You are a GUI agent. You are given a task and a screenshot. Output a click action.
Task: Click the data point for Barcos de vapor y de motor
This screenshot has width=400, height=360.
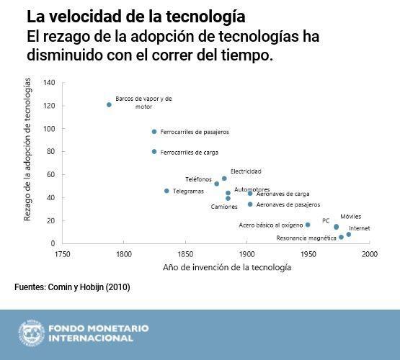(x=109, y=104)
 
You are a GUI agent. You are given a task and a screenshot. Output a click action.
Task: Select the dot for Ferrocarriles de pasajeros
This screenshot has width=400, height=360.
(x=154, y=132)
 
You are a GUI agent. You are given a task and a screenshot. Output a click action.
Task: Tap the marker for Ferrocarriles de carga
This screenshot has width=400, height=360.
(x=154, y=152)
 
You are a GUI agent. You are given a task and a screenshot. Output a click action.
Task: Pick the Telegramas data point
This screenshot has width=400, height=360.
(x=166, y=191)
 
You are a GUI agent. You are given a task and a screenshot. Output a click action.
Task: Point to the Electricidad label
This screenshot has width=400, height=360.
(x=246, y=171)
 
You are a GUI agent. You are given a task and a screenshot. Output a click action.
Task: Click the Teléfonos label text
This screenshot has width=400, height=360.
(x=198, y=179)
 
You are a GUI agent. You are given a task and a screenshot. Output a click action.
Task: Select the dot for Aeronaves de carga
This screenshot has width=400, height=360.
(x=250, y=194)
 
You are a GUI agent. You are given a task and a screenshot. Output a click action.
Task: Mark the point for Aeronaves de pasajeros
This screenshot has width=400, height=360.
(x=250, y=204)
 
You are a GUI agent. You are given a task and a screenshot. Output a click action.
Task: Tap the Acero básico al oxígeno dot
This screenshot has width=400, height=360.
(x=308, y=225)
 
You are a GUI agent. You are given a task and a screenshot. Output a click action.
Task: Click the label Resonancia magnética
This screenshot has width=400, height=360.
(x=306, y=238)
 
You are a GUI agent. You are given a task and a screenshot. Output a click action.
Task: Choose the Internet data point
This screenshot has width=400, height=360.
(x=349, y=234)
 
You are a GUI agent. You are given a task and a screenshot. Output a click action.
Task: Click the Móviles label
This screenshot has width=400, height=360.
(x=351, y=216)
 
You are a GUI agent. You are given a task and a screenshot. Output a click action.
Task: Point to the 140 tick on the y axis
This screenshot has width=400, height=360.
(x=49, y=82)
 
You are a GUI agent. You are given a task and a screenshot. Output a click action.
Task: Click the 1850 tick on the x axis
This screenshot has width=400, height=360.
(x=185, y=254)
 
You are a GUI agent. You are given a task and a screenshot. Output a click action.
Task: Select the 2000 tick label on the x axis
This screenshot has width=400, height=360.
(x=370, y=254)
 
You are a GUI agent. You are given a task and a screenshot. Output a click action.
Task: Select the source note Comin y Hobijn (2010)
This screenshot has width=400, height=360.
(x=72, y=287)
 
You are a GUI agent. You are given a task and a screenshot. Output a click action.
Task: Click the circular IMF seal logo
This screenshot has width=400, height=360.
(x=31, y=333)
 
